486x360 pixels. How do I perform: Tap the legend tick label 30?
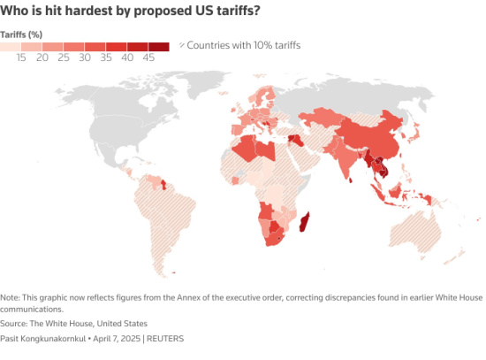tap(84, 57)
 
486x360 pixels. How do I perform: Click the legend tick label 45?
tap(148, 57)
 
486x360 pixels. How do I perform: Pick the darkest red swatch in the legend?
tap(159, 45)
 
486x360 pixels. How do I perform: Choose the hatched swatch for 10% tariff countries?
tap(183, 44)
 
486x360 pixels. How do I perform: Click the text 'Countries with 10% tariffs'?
tap(241, 44)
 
